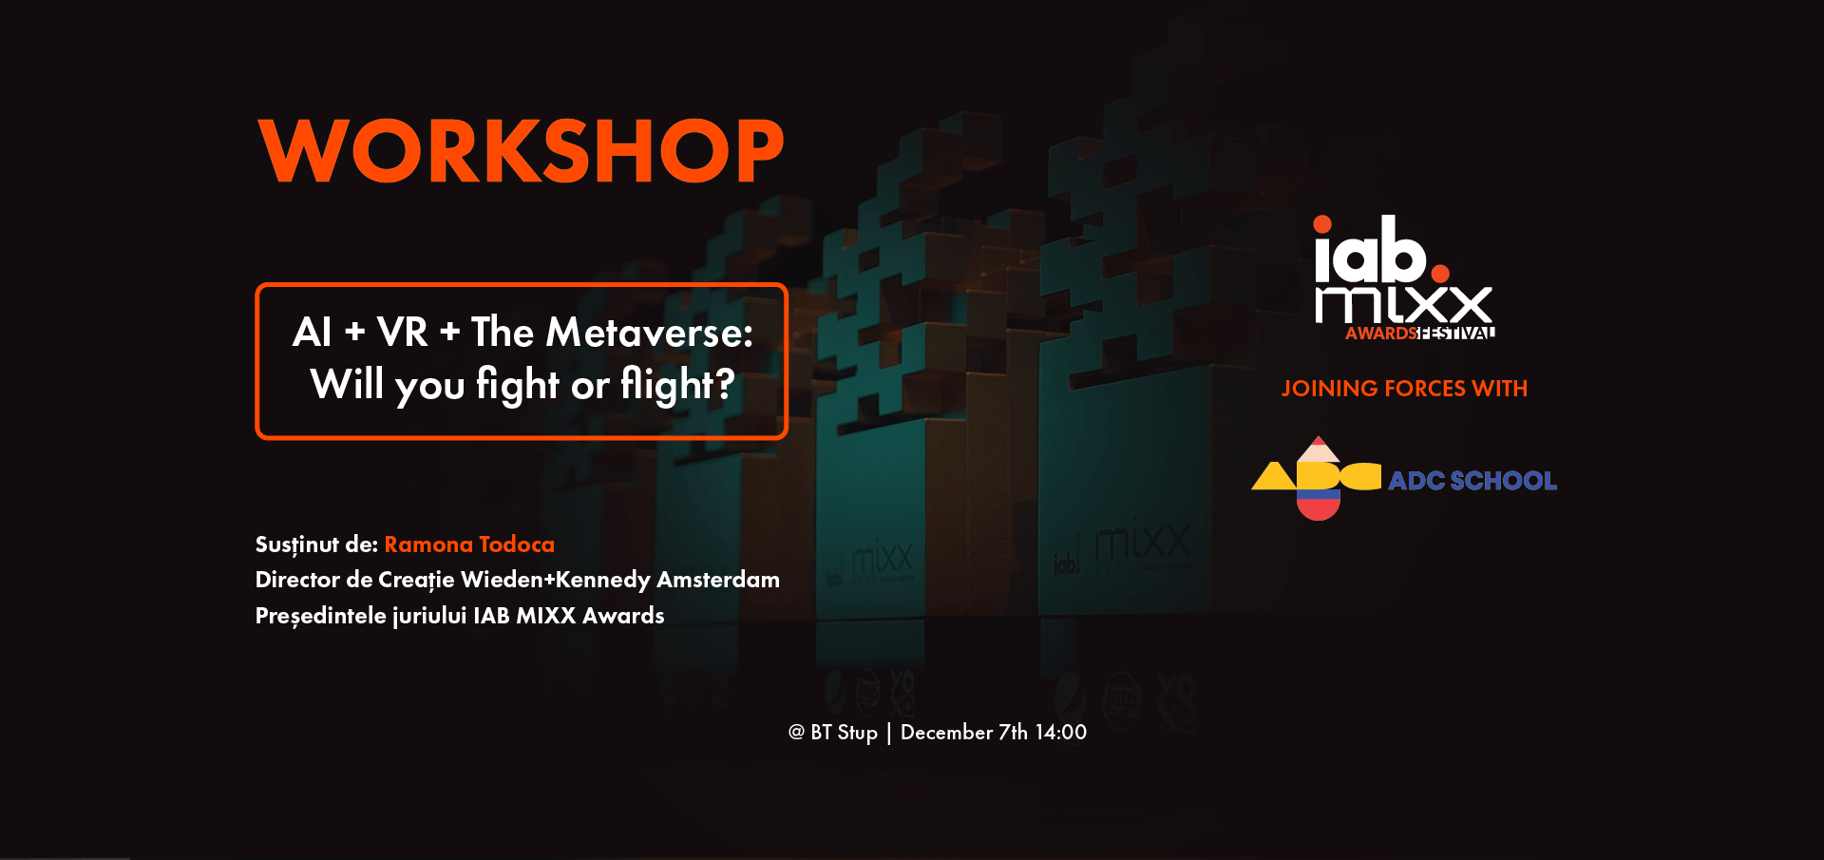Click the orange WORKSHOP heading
point(521,150)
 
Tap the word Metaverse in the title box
point(649,333)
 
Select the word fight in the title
point(518,385)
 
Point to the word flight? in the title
point(677,385)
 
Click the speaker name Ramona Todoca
point(469,544)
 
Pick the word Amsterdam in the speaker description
point(718,580)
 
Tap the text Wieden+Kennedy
point(556,580)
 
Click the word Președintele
point(321,616)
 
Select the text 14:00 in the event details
point(1061,732)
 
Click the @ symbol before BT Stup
point(796,732)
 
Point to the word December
point(946,732)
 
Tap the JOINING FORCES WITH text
point(1404,389)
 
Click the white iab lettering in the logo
point(1371,250)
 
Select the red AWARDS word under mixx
point(1381,334)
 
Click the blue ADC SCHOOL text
point(1472,481)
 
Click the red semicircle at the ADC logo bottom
point(1319,508)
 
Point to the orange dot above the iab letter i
point(1322,224)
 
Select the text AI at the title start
point(313,333)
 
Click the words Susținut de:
point(316,545)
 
